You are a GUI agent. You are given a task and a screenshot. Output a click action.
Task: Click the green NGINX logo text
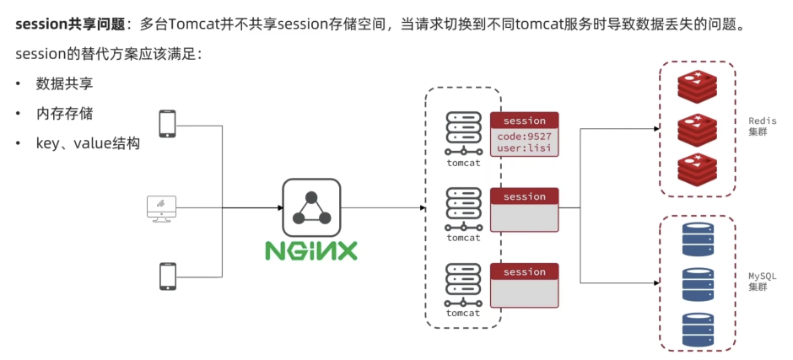[x=311, y=250]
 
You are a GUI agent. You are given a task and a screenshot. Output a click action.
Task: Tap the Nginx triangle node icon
[x=311, y=207]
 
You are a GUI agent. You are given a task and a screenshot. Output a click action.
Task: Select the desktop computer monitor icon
[x=161, y=209]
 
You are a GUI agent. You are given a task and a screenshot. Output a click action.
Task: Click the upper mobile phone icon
[x=167, y=123]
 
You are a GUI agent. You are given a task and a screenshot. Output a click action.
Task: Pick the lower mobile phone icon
[x=167, y=276]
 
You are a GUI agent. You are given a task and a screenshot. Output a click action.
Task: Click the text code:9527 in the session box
[x=525, y=137]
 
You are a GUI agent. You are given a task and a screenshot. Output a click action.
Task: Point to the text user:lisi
[x=525, y=148]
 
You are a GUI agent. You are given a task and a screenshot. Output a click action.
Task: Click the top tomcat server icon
[x=463, y=133]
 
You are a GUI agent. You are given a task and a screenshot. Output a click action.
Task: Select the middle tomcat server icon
[x=463, y=209]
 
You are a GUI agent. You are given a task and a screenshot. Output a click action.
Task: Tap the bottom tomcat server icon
[x=463, y=284]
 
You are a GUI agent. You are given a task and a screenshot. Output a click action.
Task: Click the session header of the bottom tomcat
[x=525, y=272]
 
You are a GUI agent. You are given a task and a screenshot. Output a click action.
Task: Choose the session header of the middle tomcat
[x=525, y=196]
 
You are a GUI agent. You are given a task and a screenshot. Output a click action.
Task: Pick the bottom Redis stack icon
[x=698, y=169]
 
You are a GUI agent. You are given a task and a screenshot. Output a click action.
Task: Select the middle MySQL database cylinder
[x=698, y=285]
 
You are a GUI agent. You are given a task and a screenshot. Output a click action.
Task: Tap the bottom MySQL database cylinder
[x=698, y=330]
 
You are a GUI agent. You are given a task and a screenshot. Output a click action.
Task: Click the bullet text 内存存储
[x=64, y=113]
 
